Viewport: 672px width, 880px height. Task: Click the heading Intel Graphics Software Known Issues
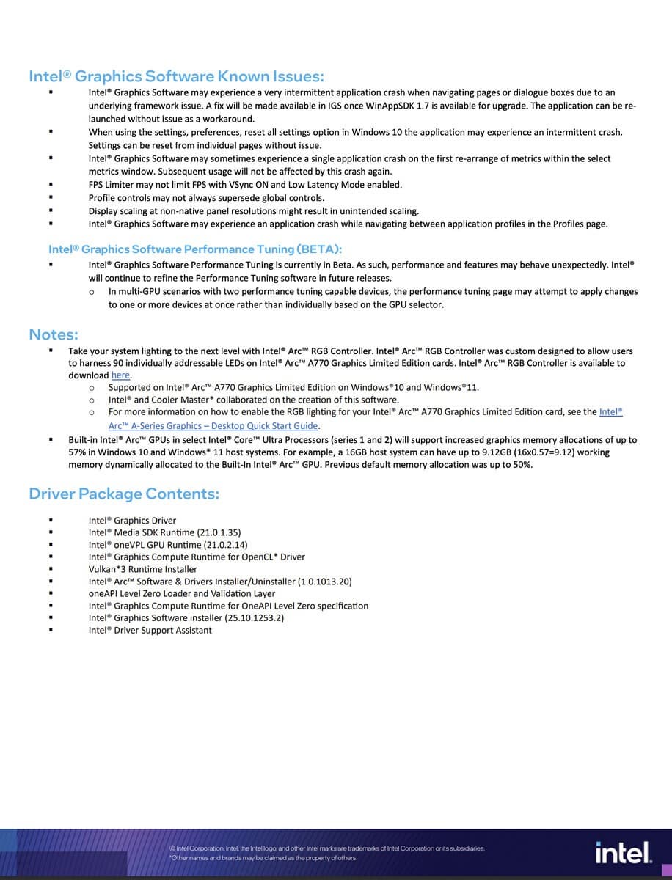coord(176,76)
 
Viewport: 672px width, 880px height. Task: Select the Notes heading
coord(54,334)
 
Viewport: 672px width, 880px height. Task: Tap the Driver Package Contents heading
coord(124,494)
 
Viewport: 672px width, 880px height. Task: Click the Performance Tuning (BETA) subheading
coord(195,249)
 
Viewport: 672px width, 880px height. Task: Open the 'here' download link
coord(120,375)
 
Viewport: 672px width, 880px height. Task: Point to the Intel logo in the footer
coord(623,853)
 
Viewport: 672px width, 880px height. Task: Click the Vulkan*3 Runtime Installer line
coord(143,569)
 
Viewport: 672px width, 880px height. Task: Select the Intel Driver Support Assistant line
coord(150,631)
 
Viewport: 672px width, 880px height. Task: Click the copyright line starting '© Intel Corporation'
coord(326,848)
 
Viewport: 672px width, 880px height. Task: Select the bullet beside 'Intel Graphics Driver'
coord(51,521)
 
